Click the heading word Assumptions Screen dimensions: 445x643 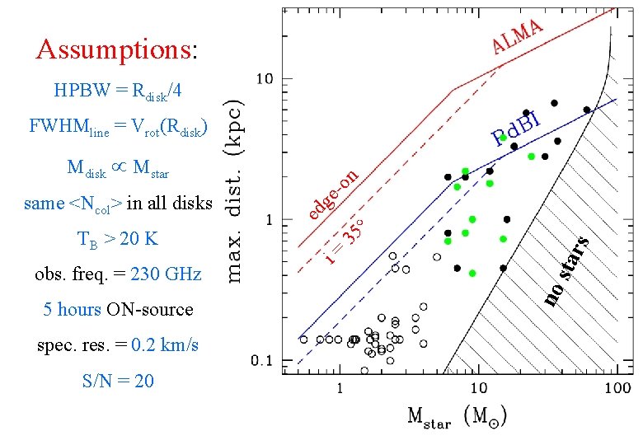click(x=114, y=50)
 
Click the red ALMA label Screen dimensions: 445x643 click(x=517, y=35)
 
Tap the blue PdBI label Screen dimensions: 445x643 click(x=515, y=130)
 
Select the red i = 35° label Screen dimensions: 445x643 click(x=345, y=240)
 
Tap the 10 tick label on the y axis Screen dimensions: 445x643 click(x=264, y=79)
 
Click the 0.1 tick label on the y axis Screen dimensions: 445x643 click(x=261, y=360)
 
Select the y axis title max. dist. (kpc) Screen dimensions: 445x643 click(x=235, y=190)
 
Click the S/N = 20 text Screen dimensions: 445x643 click(x=118, y=381)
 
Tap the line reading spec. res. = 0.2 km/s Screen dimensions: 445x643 click(x=118, y=344)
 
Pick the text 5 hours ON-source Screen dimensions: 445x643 click(x=118, y=310)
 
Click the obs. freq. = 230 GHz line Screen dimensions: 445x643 click(x=118, y=274)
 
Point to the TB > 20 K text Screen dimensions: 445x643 click(x=117, y=240)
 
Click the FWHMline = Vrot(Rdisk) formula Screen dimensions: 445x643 click(x=118, y=127)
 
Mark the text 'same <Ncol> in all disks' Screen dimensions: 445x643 click(x=118, y=203)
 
